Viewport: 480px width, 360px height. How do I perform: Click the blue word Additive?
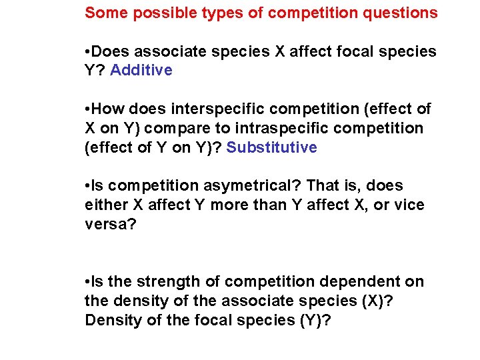pos(141,70)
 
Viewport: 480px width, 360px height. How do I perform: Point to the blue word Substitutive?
pos(272,147)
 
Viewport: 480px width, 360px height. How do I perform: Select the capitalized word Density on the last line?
pos(111,321)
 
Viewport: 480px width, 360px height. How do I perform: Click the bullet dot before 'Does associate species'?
pos(88,51)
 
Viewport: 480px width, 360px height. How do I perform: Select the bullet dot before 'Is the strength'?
pos(88,282)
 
